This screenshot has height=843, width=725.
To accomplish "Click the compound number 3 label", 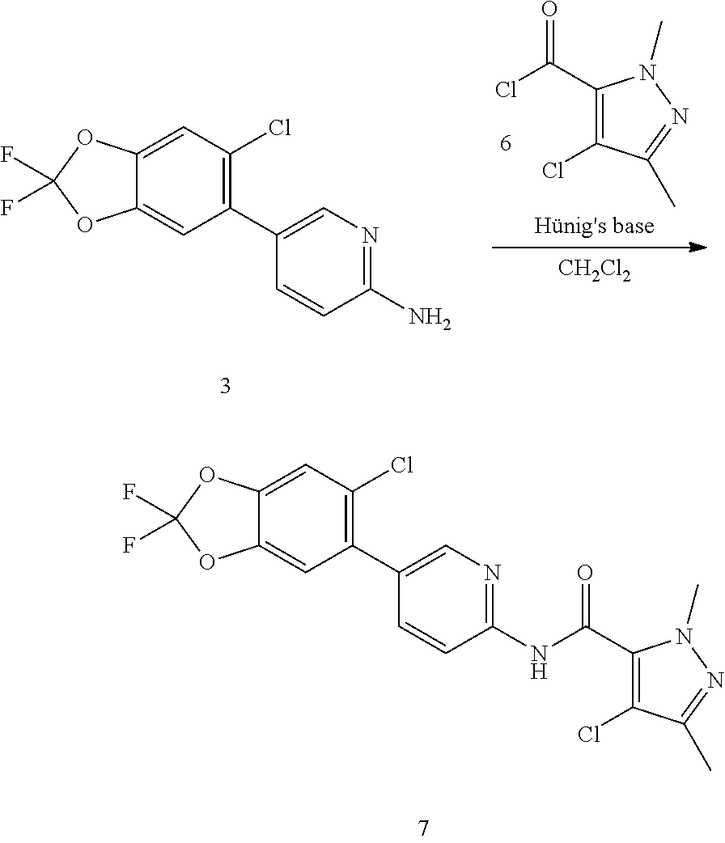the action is point(225,387).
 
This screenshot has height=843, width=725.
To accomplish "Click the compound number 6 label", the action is point(506,144).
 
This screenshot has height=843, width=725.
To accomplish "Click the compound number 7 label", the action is point(423,828).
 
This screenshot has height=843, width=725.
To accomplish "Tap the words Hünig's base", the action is point(594,227).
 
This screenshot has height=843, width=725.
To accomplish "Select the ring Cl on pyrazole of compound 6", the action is point(553,171).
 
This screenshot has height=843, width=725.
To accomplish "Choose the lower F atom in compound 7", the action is point(129,546).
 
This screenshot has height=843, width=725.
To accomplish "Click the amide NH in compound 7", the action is point(539,659).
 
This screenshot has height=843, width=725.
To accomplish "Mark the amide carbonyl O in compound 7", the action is point(586,574).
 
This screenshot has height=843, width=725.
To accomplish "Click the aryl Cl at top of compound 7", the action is point(401,465).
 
